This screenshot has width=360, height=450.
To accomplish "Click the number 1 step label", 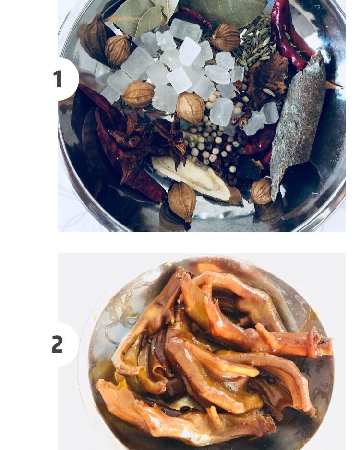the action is (58, 79).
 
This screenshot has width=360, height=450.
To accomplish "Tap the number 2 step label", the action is (58, 344).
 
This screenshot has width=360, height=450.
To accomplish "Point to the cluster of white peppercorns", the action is (210, 141).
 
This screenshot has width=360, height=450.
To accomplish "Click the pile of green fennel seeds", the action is (255, 46).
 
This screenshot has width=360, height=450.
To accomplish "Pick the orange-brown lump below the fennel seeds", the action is (267, 79).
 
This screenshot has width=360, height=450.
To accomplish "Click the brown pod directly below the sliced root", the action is (182, 202).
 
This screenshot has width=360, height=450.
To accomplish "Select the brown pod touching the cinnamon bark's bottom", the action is (261, 191).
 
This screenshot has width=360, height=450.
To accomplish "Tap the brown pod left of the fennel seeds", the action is (226, 37).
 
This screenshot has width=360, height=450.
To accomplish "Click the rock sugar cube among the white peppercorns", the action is (221, 111).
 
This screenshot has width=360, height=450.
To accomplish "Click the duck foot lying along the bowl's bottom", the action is (184, 416).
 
